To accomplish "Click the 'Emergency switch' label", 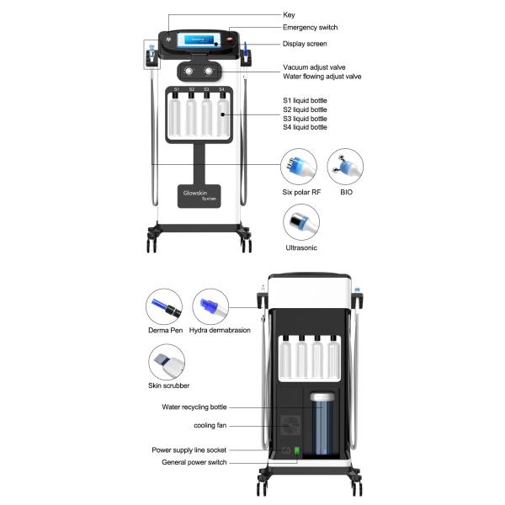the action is click(310, 27).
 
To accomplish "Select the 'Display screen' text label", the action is click(304, 44).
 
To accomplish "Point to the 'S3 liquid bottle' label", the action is click(306, 119).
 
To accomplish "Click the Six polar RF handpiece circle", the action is click(300, 164).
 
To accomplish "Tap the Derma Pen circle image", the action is click(163, 306).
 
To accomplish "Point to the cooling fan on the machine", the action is click(291, 426).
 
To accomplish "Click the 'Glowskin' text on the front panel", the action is click(198, 193).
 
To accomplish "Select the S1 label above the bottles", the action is click(177, 88).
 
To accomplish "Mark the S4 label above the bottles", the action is click(222, 88).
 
